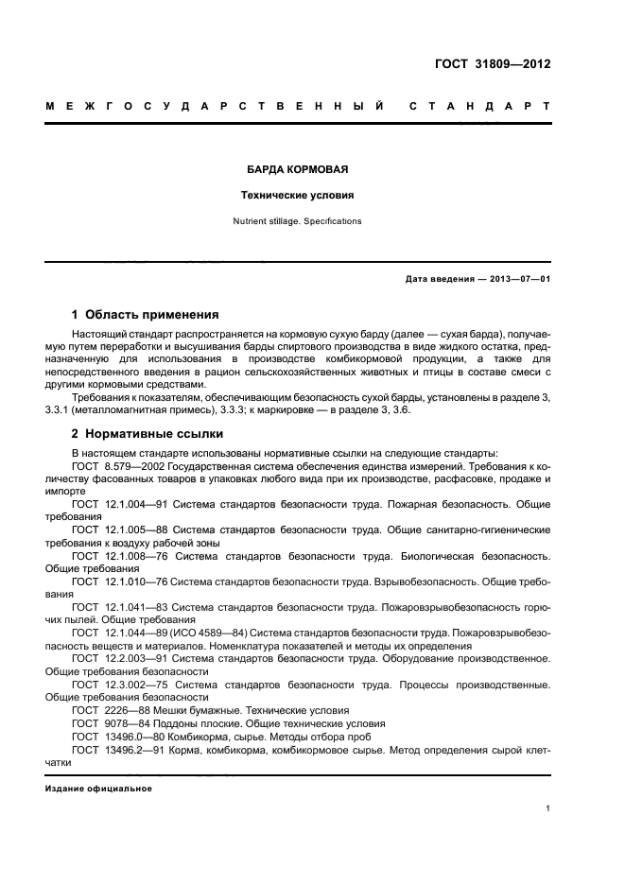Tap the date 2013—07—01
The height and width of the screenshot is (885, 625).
tap(517, 279)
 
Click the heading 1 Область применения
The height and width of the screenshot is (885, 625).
tap(146, 314)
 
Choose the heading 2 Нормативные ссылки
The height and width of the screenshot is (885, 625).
tap(148, 434)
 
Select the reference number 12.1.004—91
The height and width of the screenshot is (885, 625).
tap(136, 504)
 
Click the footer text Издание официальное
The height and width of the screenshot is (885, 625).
tap(98, 789)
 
